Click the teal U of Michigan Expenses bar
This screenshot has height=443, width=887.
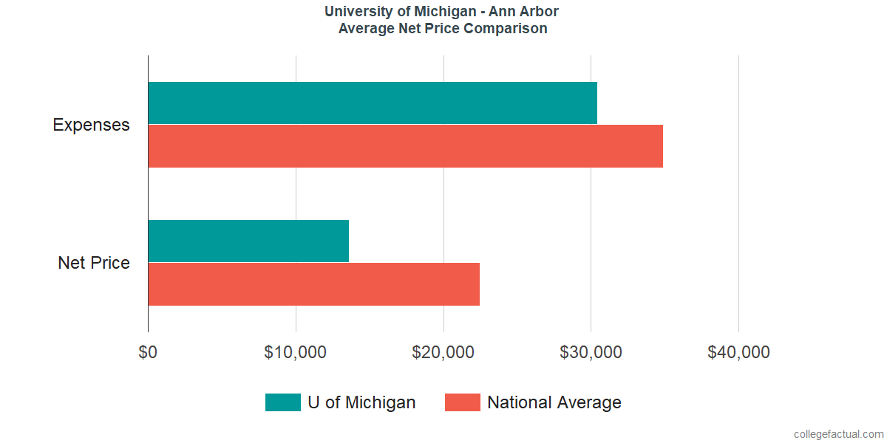[x=373, y=103]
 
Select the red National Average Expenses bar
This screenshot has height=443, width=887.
[x=405, y=146]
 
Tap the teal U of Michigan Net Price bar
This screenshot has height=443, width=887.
[x=248, y=241]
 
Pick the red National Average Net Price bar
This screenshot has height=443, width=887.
[x=313, y=284]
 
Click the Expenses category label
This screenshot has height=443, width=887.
[x=91, y=125]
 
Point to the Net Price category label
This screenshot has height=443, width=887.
[x=94, y=263]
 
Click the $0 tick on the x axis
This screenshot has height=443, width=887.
[x=148, y=352]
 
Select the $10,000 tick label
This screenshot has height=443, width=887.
[x=295, y=352]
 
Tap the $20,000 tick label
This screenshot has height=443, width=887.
[x=443, y=352]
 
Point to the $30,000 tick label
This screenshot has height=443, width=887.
[x=591, y=352]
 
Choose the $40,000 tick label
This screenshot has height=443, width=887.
[x=738, y=352]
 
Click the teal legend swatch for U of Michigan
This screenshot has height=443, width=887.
[x=282, y=402]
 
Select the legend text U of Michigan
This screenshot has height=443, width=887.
[x=361, y=402]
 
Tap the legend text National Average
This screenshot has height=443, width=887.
[x=554, y=402]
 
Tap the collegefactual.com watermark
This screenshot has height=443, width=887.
[x=838, y=434]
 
